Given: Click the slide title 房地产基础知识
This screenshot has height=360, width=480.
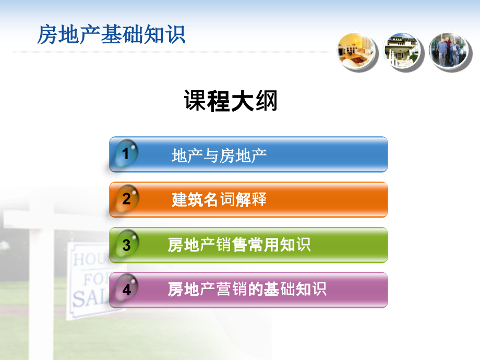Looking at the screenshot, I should [111, 35].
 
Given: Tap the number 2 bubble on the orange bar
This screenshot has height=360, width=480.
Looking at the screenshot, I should [126, 199].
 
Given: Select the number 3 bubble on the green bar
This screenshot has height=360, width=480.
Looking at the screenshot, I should [126, 245].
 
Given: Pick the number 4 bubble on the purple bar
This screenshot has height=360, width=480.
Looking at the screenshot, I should [126, 290].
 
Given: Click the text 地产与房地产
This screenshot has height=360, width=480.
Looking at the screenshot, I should [219, 155].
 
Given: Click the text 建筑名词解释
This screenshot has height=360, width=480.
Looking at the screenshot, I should [219, 199].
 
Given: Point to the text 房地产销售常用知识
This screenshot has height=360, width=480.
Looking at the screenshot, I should [239, 245].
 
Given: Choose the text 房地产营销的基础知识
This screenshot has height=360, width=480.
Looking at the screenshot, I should [247, 289].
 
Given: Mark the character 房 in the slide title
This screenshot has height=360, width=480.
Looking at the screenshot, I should [47, 35].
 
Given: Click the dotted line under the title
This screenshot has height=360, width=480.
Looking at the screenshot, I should [172, 52].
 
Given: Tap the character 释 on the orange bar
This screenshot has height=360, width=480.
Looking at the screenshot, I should [259, 199].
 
